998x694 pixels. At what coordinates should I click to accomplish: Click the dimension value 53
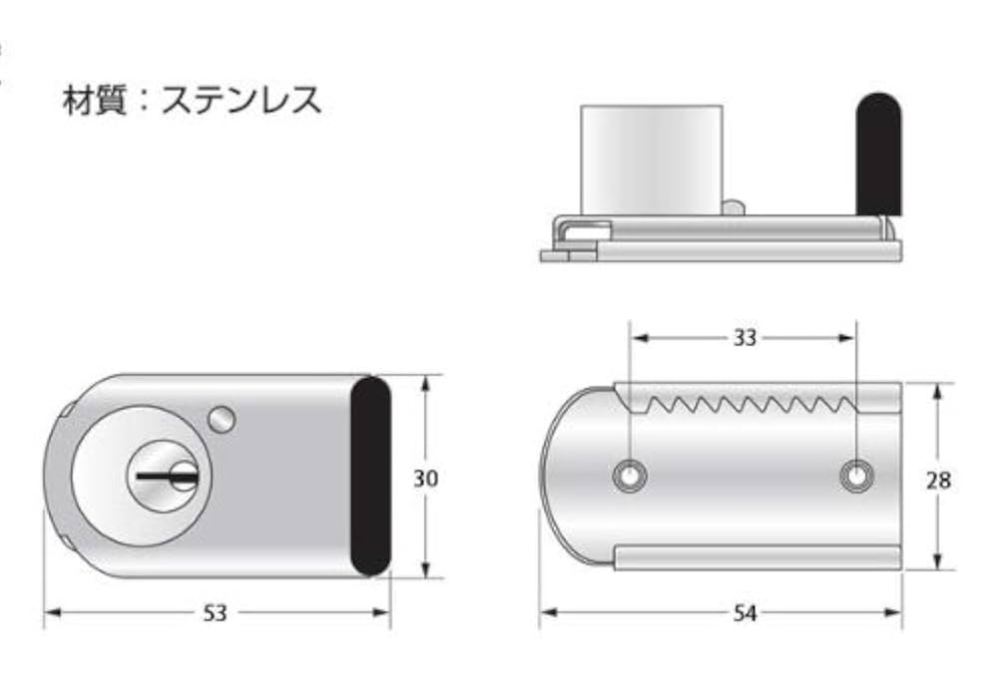(216, 613)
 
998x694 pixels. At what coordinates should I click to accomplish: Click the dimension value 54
(744, 613)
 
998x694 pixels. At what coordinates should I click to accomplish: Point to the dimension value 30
(425, 479)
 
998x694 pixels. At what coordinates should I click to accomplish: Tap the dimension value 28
(938, 481)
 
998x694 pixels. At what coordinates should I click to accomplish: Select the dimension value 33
(744, 338)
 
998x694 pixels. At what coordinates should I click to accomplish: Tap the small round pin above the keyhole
(222, 420)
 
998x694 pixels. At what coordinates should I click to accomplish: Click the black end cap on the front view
(370, 476)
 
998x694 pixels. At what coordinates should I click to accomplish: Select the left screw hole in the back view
(630, 477)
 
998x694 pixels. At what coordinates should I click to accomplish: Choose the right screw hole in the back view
(853, 477)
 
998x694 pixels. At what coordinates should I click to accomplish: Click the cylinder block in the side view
(651, 159)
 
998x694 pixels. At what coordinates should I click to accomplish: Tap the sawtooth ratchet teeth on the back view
(744, 405)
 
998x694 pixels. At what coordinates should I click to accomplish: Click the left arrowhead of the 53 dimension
(51, 613)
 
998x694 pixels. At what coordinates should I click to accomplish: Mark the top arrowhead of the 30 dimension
(426, 382)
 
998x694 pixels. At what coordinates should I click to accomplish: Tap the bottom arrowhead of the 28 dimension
(938, 562)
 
